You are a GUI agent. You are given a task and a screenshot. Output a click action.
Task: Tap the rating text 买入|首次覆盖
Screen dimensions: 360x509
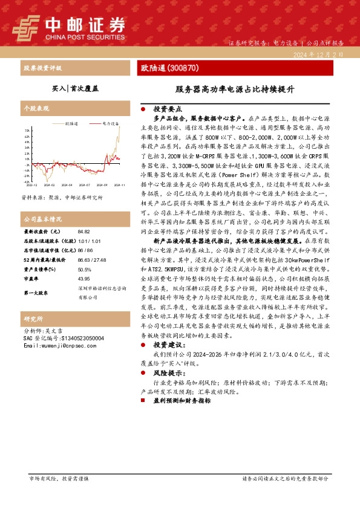(76, 88)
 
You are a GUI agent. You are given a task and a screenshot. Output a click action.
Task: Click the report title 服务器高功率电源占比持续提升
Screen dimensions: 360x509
(235, 88)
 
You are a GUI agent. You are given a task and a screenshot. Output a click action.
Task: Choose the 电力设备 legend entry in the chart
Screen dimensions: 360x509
(110, 123)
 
